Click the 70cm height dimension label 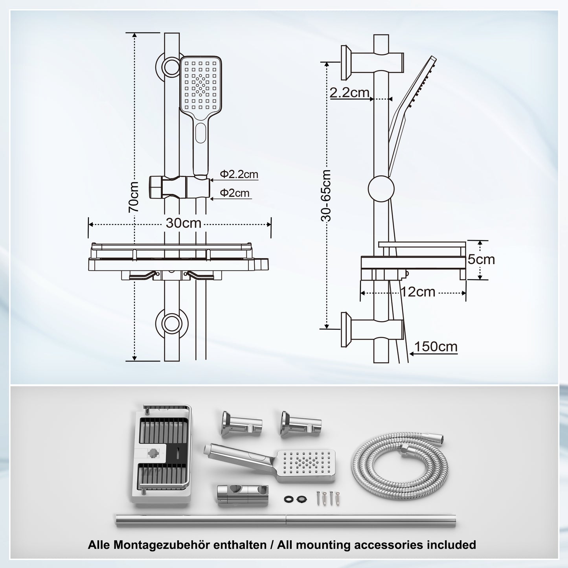(x=134, y=197)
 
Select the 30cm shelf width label (x=183, y=223)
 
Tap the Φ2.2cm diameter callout (x=239, y=174)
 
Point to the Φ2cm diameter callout (x=235, y=193)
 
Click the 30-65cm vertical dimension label (x=326, y=195)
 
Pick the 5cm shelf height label (x=481, y=260)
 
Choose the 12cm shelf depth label (x=418, y=292)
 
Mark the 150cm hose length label (x=436, y=347)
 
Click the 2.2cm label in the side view (x=349, y=93)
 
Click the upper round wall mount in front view (x=171, y=66)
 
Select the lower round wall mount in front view (x=171, y=324)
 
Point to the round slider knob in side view (x=381, y=189)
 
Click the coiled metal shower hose (x=399, y=464)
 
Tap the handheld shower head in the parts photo (x=275, y=462)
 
